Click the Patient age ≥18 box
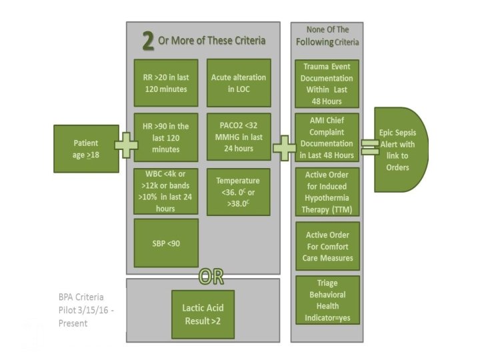click(86, 148)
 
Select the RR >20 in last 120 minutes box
click(166, 83)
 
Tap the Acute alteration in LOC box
click(238, 83)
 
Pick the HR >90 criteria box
click(166, 137)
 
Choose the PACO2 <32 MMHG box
click(238, 137)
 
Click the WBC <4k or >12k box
click(166, 191)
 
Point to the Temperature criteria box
click(238, 191)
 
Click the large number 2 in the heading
click(148, 41)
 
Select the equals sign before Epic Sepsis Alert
click(367, 147)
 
